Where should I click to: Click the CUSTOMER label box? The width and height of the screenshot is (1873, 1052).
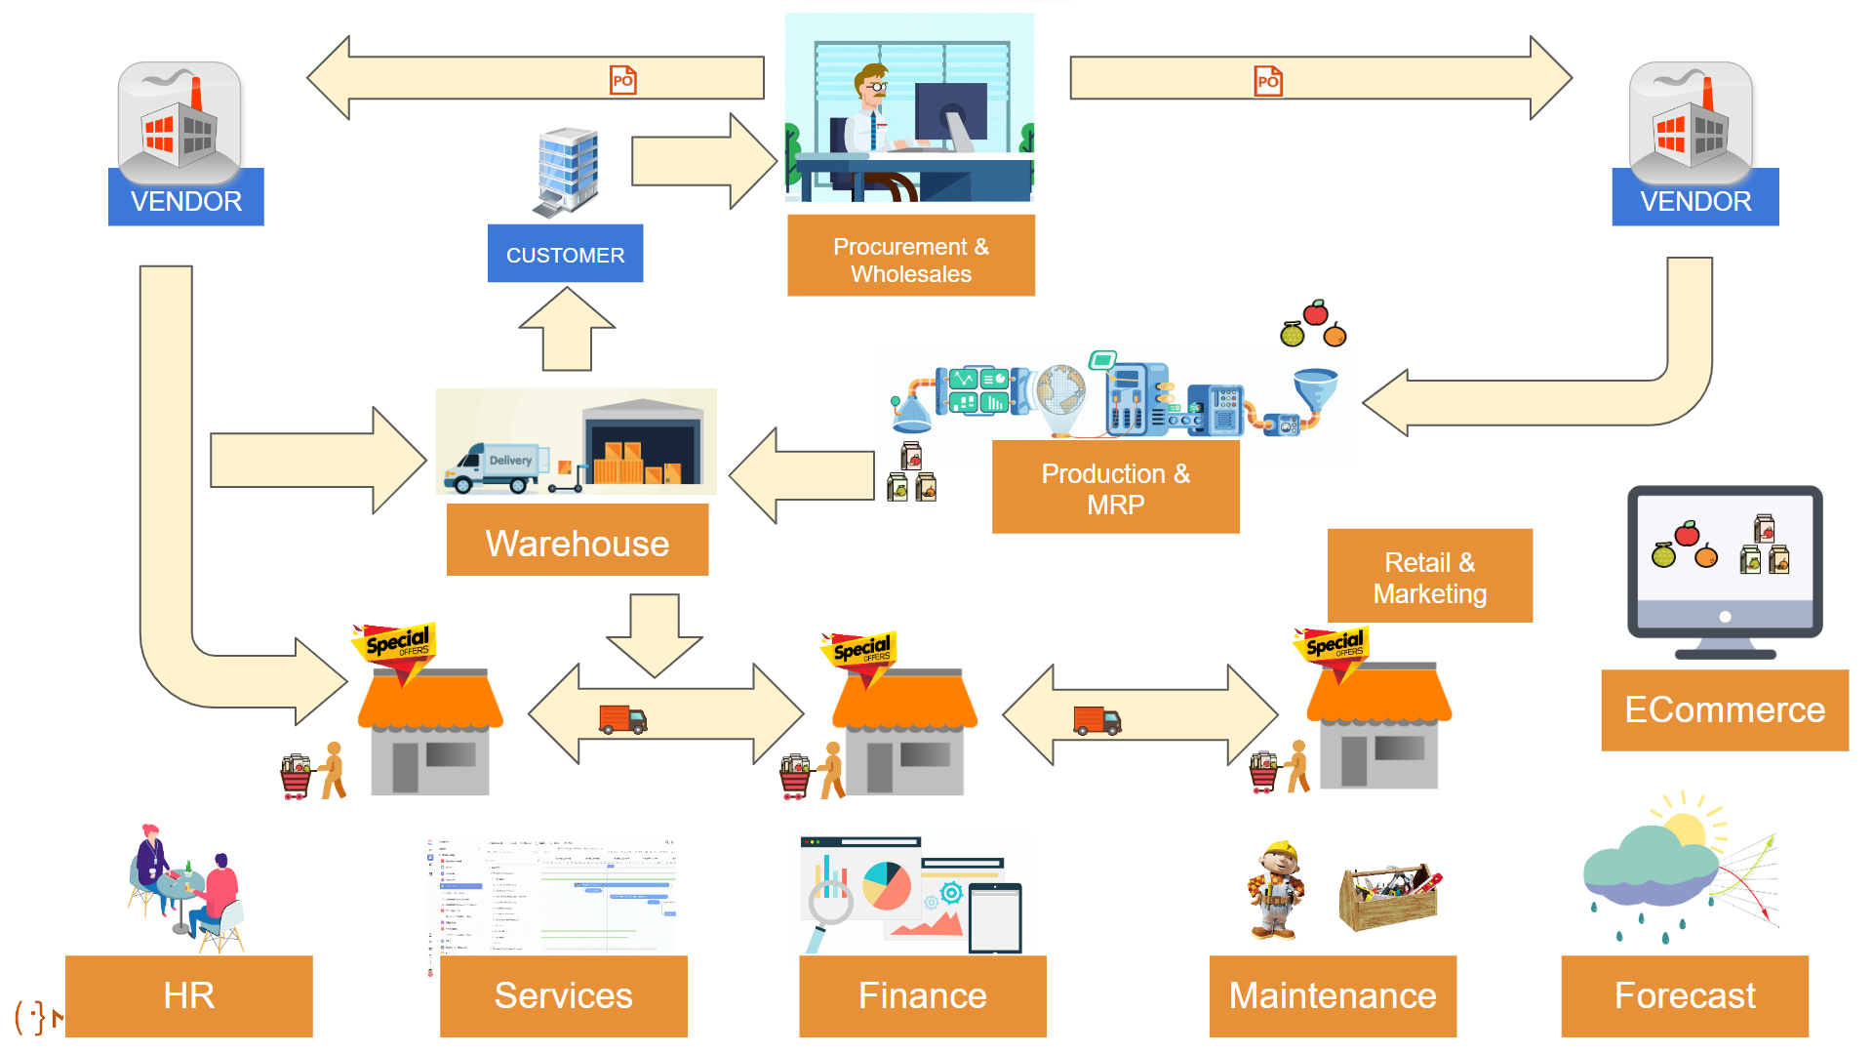565,254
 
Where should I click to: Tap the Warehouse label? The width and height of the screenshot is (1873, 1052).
577,542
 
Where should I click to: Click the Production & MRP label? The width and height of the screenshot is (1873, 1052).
1115,488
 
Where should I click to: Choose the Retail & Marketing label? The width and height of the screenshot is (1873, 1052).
1429,577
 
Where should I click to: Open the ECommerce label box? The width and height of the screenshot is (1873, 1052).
1724,709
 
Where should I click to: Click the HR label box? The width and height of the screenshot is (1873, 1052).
188,995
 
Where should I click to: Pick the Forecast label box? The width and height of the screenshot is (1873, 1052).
1684,995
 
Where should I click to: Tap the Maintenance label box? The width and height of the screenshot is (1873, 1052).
1332,995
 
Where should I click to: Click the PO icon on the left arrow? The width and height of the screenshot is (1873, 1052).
622,80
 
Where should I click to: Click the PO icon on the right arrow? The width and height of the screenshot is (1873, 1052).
1267,81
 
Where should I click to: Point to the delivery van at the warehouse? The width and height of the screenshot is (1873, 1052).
496,467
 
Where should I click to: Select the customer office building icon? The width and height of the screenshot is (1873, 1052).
567,172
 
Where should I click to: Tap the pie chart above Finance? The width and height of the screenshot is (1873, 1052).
887,885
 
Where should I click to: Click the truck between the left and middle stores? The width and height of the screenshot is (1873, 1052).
622,720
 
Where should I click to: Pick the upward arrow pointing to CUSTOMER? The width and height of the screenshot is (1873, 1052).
567,332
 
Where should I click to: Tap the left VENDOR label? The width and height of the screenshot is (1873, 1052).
185,200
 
